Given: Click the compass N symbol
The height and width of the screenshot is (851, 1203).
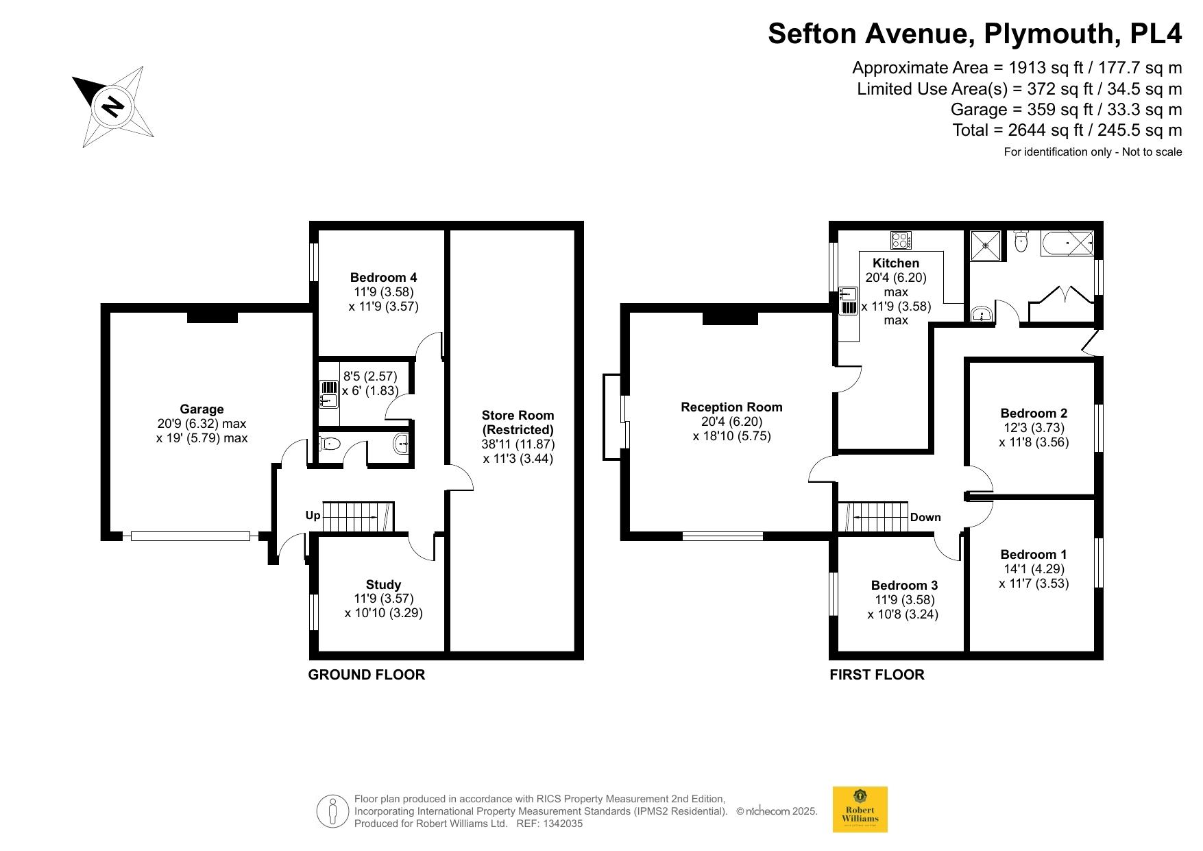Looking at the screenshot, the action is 112,106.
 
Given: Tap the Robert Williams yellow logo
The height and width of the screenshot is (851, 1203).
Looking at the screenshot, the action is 860,809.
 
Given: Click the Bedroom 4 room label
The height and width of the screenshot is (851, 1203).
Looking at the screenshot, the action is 383,278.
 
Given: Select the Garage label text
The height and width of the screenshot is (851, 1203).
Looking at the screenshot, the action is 202,409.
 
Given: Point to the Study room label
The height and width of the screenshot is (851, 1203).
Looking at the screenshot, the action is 383,585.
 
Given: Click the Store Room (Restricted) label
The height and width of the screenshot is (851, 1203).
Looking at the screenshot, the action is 518,422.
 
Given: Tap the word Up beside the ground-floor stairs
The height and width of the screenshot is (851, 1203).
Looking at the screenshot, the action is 313,516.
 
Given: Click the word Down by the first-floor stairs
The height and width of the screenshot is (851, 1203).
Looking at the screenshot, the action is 925,517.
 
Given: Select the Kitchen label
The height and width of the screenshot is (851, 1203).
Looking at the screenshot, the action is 896,263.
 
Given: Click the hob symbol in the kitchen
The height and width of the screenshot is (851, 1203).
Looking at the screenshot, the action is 901,241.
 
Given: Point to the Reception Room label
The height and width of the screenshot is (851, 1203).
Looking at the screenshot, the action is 731,407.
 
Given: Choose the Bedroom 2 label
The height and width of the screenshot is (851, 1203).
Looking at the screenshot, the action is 1034,413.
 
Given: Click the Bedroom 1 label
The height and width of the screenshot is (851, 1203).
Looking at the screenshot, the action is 1034,554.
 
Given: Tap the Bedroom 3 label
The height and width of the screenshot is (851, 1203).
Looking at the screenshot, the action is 904,585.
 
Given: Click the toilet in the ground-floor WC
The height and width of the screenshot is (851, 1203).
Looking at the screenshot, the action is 330,444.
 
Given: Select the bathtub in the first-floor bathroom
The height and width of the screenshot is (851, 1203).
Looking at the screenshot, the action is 1067,243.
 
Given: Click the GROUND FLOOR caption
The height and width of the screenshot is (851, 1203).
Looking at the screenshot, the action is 367,675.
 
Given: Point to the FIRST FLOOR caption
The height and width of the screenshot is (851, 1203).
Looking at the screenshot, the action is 877,675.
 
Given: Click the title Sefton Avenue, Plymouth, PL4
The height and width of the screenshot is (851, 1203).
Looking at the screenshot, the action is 975,33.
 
